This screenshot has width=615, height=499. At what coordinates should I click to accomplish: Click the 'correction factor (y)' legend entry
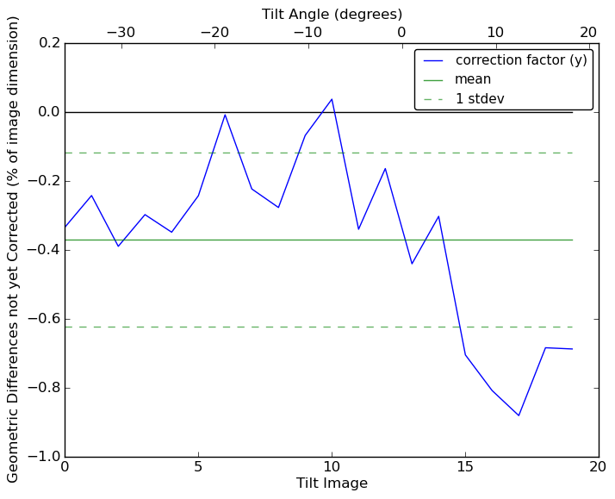[521, 60]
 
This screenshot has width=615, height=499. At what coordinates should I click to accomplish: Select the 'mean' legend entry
[473, 79]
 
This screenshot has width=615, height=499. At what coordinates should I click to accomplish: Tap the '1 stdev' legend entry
[480, 99]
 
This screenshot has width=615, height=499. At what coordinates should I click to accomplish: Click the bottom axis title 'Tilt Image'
[332, 483]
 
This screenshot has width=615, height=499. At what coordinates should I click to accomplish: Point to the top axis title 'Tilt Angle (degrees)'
[332, 14]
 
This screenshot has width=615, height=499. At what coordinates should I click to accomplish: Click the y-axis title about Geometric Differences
[14, 249]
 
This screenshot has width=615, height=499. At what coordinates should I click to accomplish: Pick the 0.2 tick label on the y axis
[48, 43]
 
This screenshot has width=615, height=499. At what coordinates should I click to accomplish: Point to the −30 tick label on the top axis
[121, 33]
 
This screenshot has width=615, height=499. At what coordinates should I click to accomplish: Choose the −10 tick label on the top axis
[307, 33]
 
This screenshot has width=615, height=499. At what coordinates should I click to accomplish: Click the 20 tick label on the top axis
[588, 33]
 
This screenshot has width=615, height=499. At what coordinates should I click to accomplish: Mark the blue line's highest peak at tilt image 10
[332, 99]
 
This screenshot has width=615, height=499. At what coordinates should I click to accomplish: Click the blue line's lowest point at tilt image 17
[519, 415]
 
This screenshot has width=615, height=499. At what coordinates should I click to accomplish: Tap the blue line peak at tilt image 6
[225, 115]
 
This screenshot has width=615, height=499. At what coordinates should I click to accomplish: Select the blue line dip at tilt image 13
[412, 264]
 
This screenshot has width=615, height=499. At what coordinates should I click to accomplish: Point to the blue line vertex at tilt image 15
[465, 355]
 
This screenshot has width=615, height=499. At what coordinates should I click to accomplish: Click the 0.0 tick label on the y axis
[48, 112]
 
